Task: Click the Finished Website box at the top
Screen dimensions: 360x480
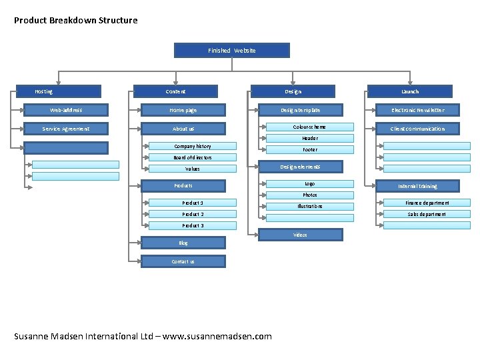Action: [232, 51]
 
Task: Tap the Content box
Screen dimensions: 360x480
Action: [176, 91]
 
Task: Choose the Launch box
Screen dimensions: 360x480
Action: [410, 91]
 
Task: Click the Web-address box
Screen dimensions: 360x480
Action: [66, 110]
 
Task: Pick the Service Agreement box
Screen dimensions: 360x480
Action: [66, 129]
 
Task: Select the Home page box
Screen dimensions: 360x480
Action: [183, 110]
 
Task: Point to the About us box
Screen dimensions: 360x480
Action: [183, 129]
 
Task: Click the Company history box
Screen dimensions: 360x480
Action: [193, 146]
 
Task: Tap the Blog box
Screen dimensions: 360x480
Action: [183, 243]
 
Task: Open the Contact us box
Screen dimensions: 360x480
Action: [183, 261]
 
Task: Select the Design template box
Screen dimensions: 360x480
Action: [300, 110]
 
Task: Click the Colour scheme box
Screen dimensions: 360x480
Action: [310, 127]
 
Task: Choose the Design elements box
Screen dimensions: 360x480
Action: [300, 167]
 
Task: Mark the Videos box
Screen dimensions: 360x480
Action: [300, 235]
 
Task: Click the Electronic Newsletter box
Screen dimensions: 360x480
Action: [417, 110]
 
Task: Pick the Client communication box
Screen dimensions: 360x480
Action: [417, 129]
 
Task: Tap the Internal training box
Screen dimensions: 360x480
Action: [417, 186]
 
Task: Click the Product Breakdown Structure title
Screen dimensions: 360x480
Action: [75, 20]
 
